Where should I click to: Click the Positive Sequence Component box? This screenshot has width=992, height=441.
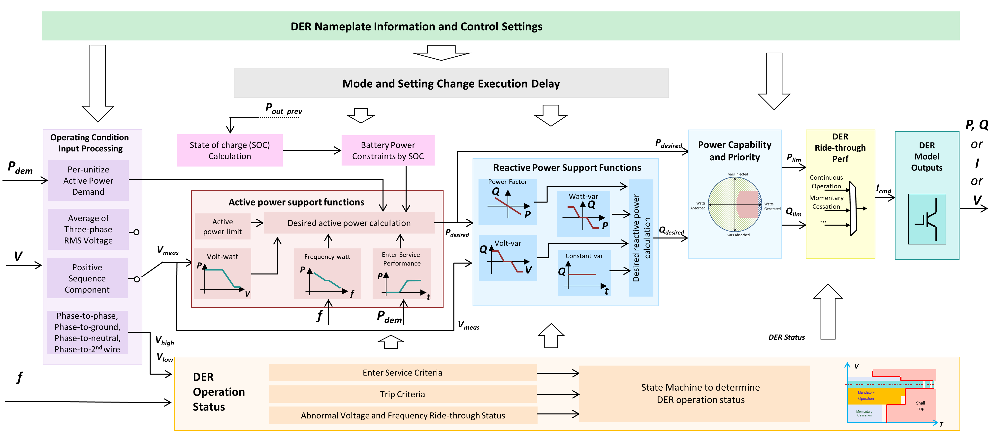point(87,278)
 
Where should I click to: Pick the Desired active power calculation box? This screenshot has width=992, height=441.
point(349,223)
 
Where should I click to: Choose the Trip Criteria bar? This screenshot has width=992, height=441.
point(402,394)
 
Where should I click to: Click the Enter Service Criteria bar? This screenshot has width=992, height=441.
point(402,373)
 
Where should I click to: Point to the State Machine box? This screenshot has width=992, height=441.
point(700,393)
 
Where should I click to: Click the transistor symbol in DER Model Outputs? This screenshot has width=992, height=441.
point(927,219)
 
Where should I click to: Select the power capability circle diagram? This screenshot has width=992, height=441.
point(735,204)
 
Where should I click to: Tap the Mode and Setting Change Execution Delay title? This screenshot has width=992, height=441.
point(451,84)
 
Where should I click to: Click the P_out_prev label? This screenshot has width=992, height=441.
point(284,109)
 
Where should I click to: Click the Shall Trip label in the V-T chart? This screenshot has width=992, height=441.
point(920,406)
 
